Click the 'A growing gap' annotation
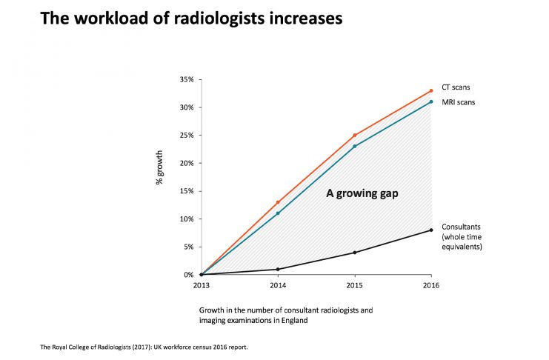tap(363, 194)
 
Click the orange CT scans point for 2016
tap(431, 91)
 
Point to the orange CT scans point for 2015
tap(354, 136)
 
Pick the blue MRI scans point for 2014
tap(278, 213)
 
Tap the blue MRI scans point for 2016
tap(431, 102)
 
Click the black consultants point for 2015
tap(354, 253)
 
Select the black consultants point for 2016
tap(431, 230)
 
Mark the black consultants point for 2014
tap(278, 269)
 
